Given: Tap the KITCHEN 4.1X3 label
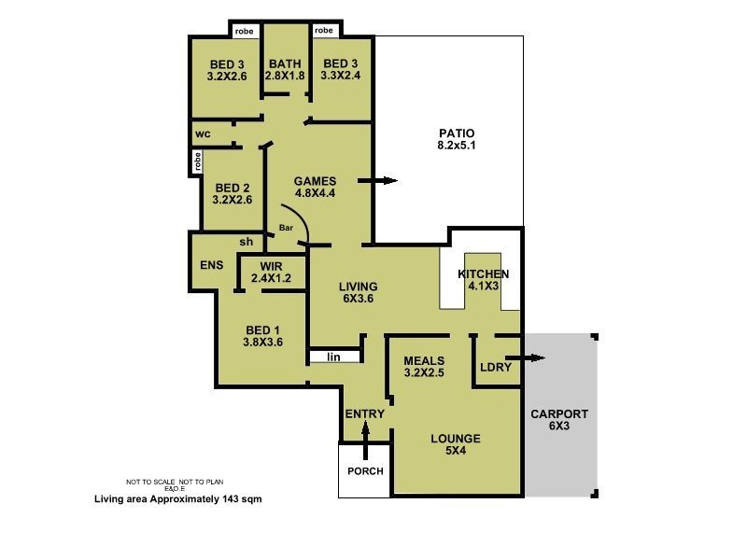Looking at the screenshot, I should (x=483, y=280).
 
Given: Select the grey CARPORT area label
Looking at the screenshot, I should (x=558, y=421).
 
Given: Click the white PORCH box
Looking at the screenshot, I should (x=365, y=470).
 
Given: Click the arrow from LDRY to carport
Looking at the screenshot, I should (x=526, y=357).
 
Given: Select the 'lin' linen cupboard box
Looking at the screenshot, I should (x=333, y=357).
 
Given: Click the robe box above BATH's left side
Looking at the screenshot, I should (x=245, y=31).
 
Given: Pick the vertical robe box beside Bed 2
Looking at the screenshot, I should (x=198, y=161).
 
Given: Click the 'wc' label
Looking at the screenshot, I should (x=202, y=133).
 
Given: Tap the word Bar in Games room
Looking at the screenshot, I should (x=287, y=228).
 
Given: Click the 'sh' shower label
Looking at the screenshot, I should (x=247, y=243).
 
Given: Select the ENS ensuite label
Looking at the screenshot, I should (x=212, y=264).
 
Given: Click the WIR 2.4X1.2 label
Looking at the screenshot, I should (x=258, y=272).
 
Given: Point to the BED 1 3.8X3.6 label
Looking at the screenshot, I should (x=262, y=336).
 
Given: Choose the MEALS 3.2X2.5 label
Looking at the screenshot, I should (x=423, y=367).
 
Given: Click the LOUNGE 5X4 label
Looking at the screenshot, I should (x=456, y=444).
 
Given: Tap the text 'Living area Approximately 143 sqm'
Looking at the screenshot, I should (x=177, y=499).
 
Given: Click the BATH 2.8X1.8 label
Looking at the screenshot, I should (x=285, y=69).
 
